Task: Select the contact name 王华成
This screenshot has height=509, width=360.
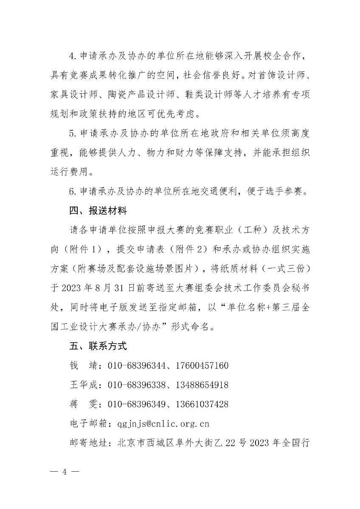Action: pos(83,385)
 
